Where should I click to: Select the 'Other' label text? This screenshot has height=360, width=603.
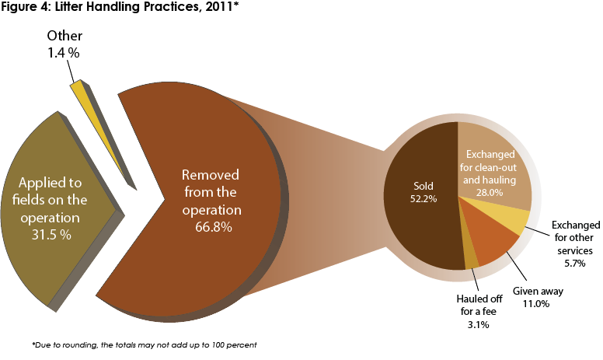(x=64, y=37)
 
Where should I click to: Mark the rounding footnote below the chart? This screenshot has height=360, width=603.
(x=145, y=344)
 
